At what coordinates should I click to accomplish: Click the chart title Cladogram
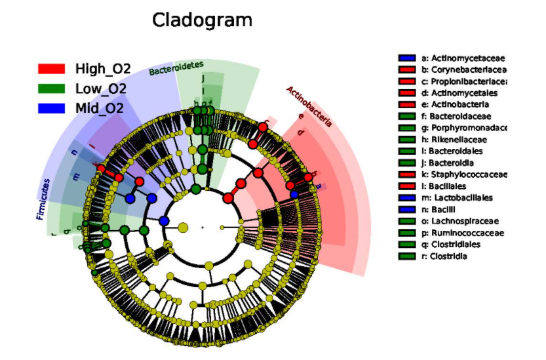point(202,20)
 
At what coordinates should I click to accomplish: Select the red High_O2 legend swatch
point(51,69)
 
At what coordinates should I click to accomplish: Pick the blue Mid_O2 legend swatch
point(51,108)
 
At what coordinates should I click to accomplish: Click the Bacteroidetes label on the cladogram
point(176,67)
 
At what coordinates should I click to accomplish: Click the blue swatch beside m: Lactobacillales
point(407,197)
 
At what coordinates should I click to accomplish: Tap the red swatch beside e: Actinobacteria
point(407,105)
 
